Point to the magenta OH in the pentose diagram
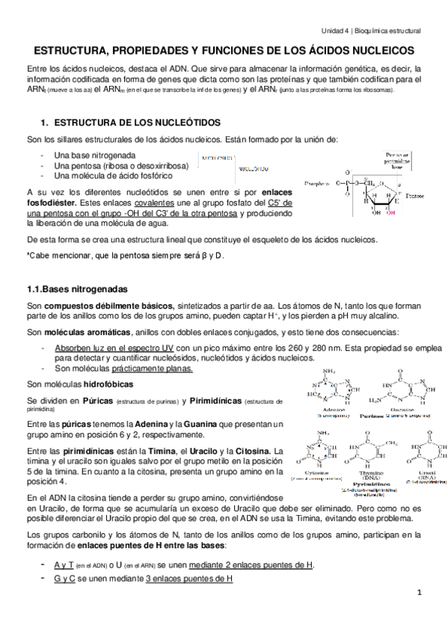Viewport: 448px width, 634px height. [390, 212]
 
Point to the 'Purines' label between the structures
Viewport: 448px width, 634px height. [371, 415]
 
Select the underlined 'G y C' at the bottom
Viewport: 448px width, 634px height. [64, 579]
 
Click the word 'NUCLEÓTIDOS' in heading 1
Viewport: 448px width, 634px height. [179, 121]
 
